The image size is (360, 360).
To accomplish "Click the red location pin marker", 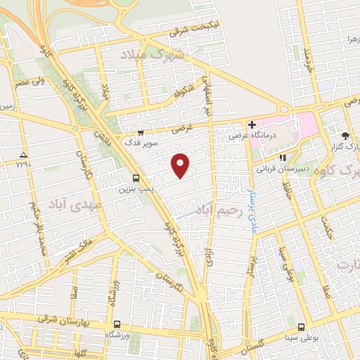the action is (x=181, y=165).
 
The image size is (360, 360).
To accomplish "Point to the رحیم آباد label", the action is (x=220, y=210).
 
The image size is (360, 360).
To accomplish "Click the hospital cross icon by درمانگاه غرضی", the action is (x=252, y=124).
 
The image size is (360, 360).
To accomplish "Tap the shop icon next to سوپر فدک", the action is (x=141, y=132).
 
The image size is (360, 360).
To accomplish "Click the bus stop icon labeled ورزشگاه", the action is (x=117, y=326).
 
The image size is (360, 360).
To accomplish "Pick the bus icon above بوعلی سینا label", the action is (x=301, y=327).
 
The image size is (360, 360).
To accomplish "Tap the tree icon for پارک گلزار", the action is (x=345, y=136).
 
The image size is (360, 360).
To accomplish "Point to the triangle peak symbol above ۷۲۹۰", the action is (x=24, y=153).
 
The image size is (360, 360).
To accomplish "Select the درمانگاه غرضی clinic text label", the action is (x=277, y=130).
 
